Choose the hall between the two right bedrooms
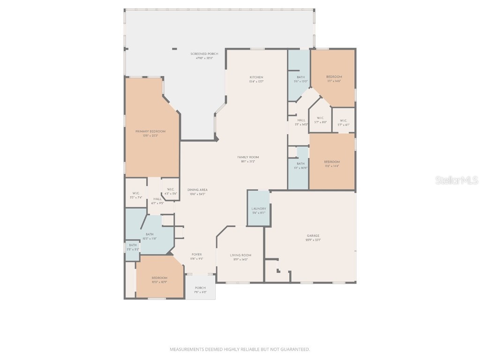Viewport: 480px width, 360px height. pos(301,122)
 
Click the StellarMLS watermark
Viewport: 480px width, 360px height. pos(456,180)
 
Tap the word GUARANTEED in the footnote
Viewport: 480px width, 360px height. pos(295,349)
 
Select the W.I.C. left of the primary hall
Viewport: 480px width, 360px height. pos(136,195)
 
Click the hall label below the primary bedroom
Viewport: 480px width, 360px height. pos(157,201)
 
